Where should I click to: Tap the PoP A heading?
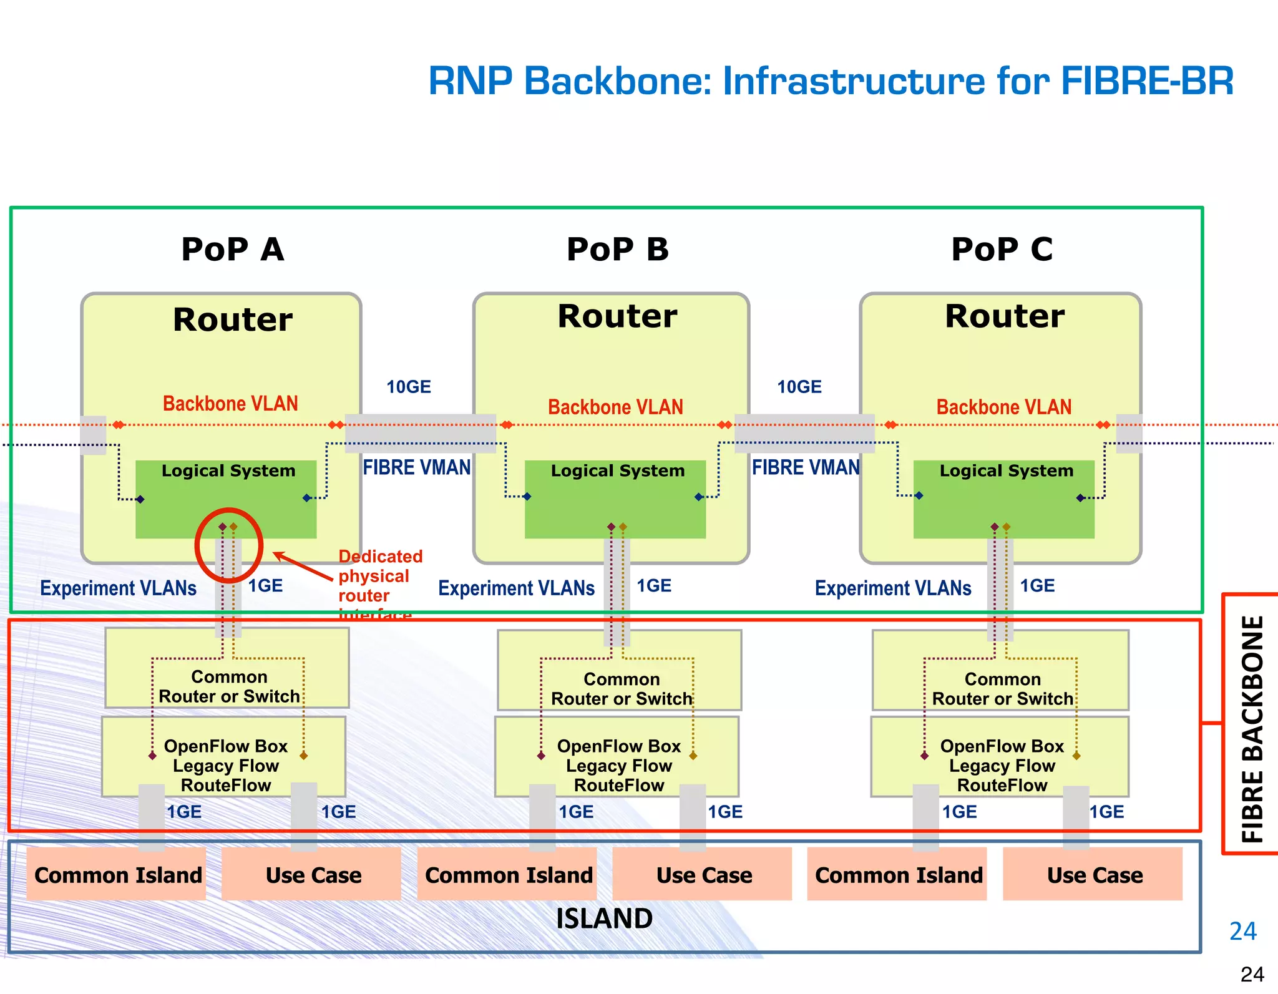coord(232,250)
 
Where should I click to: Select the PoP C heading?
coord(1002,250)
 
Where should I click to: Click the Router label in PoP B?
coord(617,316)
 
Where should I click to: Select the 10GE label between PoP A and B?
coord(408,387)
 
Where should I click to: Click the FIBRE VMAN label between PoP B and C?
coord(805,467)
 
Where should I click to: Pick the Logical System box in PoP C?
coord(1003,499)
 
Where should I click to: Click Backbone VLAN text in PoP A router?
coord(230,404)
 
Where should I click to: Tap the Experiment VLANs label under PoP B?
coord(516,588)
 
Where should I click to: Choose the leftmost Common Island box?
coord(117,874)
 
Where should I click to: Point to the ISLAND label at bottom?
coord(604,918)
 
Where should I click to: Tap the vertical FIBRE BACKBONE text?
coord(1252,728)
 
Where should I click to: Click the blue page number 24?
coord(1242,931)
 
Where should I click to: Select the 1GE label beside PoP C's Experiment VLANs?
coord(1037,586)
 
